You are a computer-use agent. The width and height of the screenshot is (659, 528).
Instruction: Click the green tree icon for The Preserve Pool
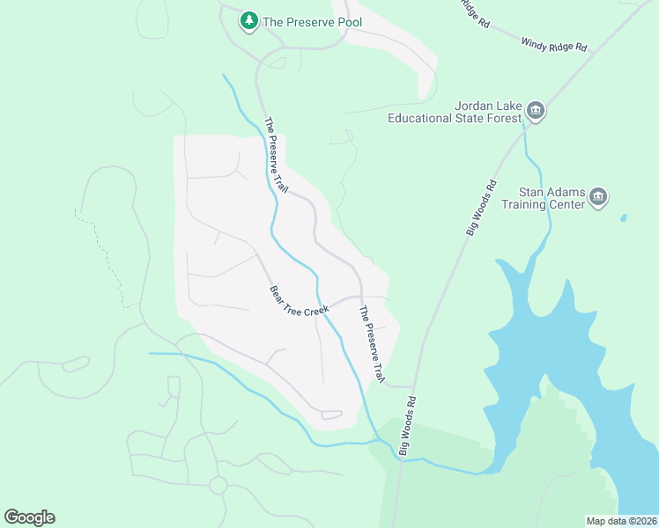tap(249, 20)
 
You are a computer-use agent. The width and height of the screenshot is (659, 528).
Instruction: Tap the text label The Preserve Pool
tap(312, 21)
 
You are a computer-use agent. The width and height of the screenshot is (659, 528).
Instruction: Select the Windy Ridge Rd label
tap(553, 44)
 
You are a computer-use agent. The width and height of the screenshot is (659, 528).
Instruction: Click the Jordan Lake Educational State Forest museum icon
tap(536, 112)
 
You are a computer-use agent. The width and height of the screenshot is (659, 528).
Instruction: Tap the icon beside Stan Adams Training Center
tap(598, 196)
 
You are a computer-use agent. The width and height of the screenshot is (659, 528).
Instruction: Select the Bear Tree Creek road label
tap(299, 301)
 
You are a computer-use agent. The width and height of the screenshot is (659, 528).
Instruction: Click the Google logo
tap(29, 517)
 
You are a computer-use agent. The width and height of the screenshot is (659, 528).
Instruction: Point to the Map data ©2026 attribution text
tap(621, 521)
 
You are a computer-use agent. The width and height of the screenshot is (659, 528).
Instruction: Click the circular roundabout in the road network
tap(218, 485)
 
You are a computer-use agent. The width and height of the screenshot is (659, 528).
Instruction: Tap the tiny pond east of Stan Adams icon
tap(624, 216)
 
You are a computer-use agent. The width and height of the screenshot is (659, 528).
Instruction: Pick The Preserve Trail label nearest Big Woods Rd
tap(371, 343)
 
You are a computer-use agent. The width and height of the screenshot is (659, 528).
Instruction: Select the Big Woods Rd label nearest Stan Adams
tap(481, 208)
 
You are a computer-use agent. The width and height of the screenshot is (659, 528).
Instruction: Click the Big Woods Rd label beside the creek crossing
tap(407, 424)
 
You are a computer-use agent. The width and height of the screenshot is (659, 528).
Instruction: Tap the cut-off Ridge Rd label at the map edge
tap(474, 11)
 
